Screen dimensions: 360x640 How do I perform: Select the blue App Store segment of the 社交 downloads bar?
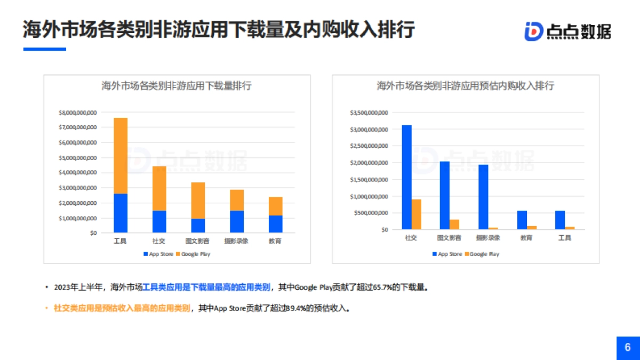coord(159,221)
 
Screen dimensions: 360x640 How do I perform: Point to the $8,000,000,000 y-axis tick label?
coord(78,113)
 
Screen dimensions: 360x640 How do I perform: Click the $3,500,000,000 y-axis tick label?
coord(369,113)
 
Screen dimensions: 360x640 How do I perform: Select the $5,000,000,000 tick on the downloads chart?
coord(78,158)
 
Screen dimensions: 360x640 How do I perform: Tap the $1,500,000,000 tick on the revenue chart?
coord(369,180)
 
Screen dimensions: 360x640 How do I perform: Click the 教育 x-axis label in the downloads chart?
coord(275,241)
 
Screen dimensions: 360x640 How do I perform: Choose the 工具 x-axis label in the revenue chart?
coord(564,238)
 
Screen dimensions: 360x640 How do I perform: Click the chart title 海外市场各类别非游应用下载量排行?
coord(177,86)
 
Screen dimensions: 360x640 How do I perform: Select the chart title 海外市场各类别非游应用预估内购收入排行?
coord(465,86)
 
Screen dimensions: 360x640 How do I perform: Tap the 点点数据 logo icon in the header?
coord(533,31)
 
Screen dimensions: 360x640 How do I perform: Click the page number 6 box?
coord(628,348)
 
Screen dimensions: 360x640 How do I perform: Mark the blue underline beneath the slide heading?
coord(44,50)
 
